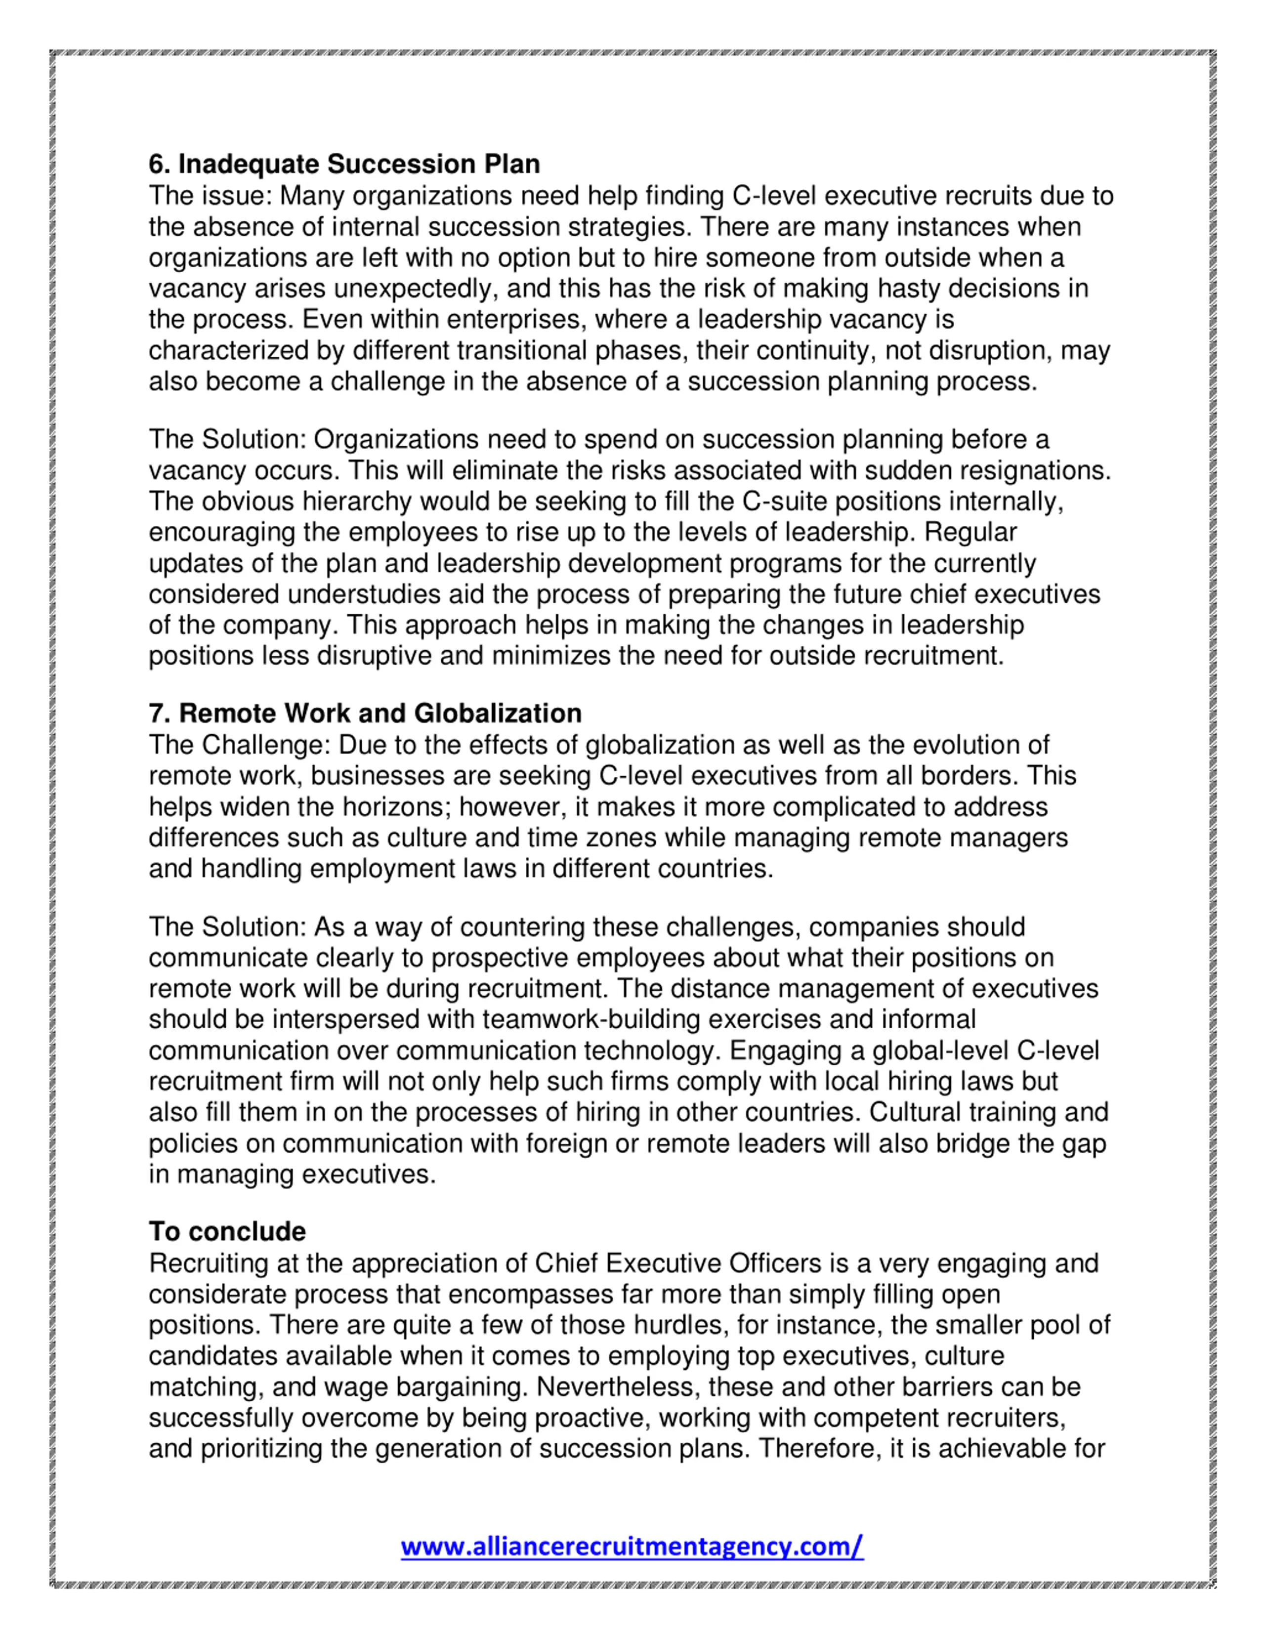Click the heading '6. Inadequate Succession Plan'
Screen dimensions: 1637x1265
tap(344, 164)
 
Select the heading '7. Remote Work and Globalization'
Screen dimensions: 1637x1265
tap(365, 713)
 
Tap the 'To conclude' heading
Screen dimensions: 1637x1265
tap(227, 1231)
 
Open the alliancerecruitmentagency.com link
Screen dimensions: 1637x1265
tap(632, 1546)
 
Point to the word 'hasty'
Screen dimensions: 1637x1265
tap(909, 289)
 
